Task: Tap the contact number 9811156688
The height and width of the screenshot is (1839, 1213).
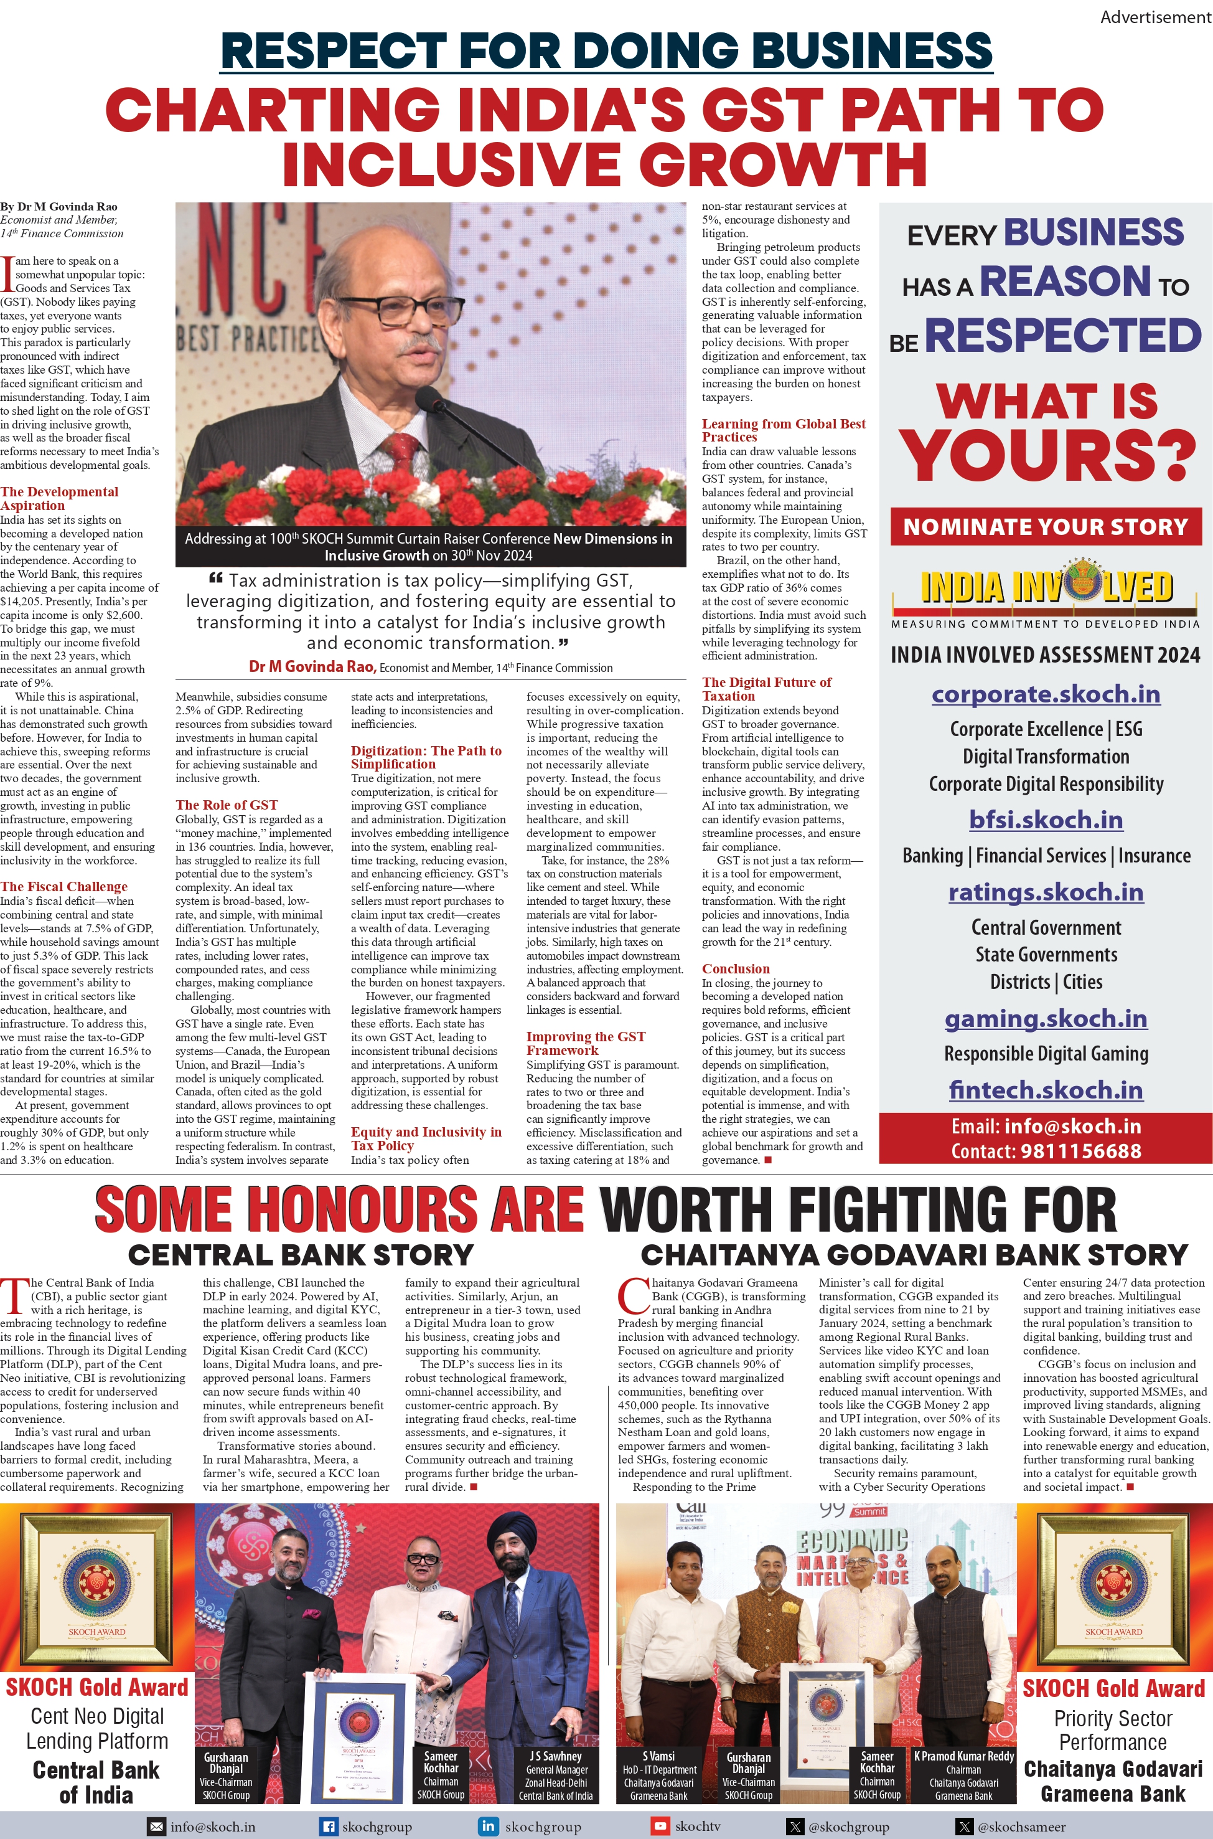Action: tap(1080, 1151)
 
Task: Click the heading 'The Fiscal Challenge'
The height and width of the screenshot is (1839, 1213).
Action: tap(64, 886)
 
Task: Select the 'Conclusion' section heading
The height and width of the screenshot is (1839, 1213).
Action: tap(736, 968)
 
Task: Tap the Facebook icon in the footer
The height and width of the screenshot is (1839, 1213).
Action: tap(329, 1827)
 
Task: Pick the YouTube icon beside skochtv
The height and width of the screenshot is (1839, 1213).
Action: tap(660, 1827)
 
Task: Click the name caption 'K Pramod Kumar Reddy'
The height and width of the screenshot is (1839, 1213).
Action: tap(963, 1756)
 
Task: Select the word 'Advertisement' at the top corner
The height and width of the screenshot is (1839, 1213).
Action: tap(1156, 16)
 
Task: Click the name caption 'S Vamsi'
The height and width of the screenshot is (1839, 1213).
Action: tap(658, 1756)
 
